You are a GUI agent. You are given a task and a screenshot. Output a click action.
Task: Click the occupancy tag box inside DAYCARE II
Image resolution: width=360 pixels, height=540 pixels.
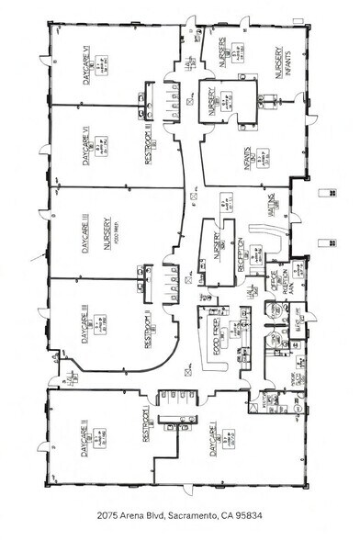coord(99,430)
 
